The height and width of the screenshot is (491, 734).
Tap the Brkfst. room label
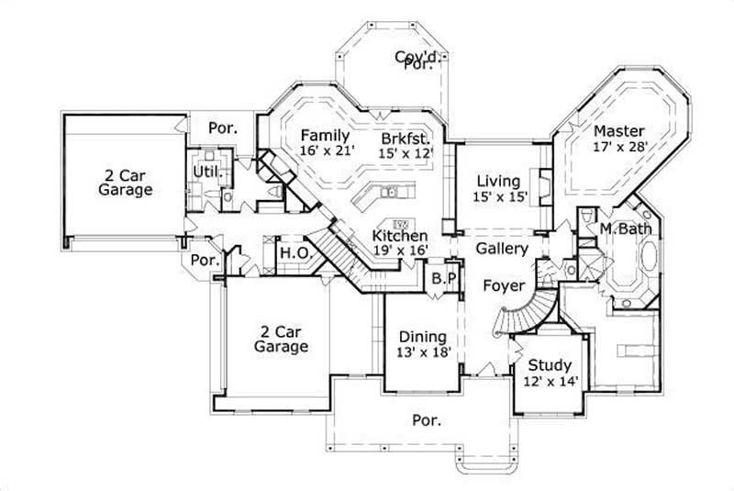click(407, 139)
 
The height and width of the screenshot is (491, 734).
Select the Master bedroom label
click(618, 130)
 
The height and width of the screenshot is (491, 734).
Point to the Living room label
click(499, 181)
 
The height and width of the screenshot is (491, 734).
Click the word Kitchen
click(400, 237)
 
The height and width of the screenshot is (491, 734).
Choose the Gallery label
click(502, 249)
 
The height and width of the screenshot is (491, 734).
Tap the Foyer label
click(504, 285)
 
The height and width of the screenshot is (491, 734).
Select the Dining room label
click(422, 337)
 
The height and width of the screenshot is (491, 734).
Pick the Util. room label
click(205, 172)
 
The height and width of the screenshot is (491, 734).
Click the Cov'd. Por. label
click(415, 61)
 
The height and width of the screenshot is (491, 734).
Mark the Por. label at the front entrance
click(428, 420)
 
